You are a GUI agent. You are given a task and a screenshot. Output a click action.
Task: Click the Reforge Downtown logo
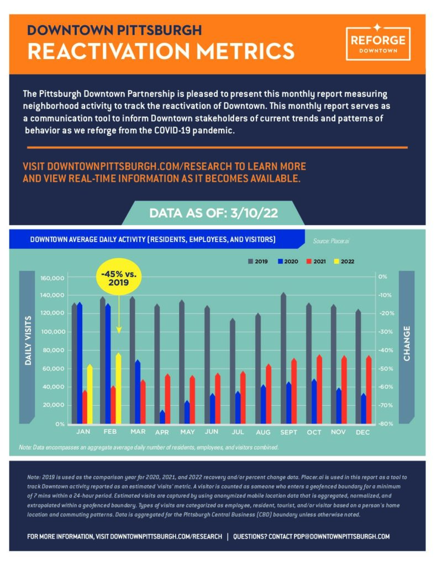coord(378,43)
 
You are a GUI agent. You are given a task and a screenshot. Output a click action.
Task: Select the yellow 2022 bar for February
coord(118,389)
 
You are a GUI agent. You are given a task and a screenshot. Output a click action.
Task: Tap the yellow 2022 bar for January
coord(90,394)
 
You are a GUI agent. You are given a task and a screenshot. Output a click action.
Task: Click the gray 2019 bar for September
coord(283,358)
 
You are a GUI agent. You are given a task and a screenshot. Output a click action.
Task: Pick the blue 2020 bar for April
coord(162,417)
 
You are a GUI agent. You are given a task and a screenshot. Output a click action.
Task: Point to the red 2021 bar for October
coord(319,390)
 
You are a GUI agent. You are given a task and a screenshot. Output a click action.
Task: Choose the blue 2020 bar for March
coord(138,392)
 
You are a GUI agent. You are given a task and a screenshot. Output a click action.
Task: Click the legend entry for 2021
coord(316,261)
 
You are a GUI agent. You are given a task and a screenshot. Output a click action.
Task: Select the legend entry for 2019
coord(257,261)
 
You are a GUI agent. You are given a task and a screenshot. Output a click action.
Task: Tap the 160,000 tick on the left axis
coord(52,279)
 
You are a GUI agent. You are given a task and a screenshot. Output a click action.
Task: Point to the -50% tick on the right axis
coord(386,369)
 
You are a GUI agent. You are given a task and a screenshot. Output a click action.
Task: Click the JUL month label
coord(238,432)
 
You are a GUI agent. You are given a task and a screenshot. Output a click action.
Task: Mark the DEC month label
coord(362,432)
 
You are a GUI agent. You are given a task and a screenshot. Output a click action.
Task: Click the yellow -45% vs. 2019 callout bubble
coord(119,277)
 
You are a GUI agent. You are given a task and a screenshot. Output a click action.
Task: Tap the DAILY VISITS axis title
coord(28,340)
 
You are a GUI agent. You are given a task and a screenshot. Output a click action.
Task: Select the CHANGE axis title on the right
coord(407,343)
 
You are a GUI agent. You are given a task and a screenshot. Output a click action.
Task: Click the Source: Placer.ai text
coord(331,241)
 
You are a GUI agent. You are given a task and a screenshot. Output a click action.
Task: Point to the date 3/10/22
coord(254,213)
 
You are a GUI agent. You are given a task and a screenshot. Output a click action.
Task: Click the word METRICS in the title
coord(245,51)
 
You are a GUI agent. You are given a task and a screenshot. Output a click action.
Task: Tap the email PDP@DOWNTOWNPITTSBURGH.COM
coord(341,536)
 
